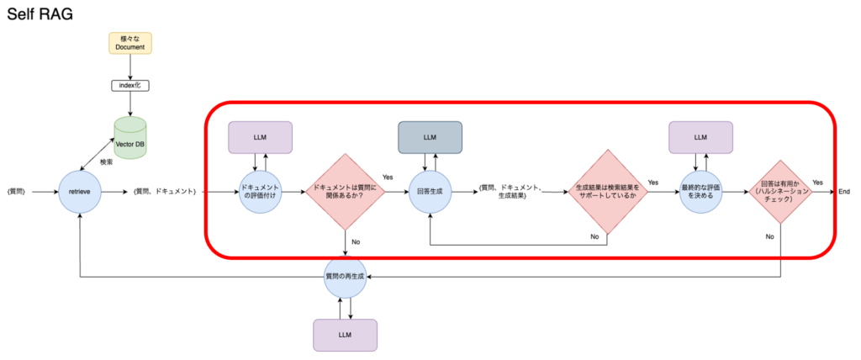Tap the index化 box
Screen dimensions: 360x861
pyautogui.click(x=130, y=85)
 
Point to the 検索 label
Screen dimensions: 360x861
pyautogui.click(x=106, y=161)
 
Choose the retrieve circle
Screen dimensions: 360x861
pyautogui.click(x=80, y=192)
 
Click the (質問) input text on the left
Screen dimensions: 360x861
pyautogui.click(x=17, y=192)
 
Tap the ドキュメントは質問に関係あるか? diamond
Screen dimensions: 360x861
pyautogui.click(x=346, y=192)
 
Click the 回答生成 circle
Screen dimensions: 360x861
pyautogui.click(x=430, y=192)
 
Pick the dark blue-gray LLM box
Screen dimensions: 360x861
pyautogui.click(x=430, y=137)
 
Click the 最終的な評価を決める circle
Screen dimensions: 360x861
pyautogui.click(x=700, y=192)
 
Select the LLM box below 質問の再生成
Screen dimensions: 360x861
pyautogui.click(x=345, y=334)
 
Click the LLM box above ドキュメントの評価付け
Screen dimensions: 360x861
pyautogui.click(x=261, y=137)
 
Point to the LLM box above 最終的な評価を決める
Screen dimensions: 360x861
pyautogui.click(x=700, y=137)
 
